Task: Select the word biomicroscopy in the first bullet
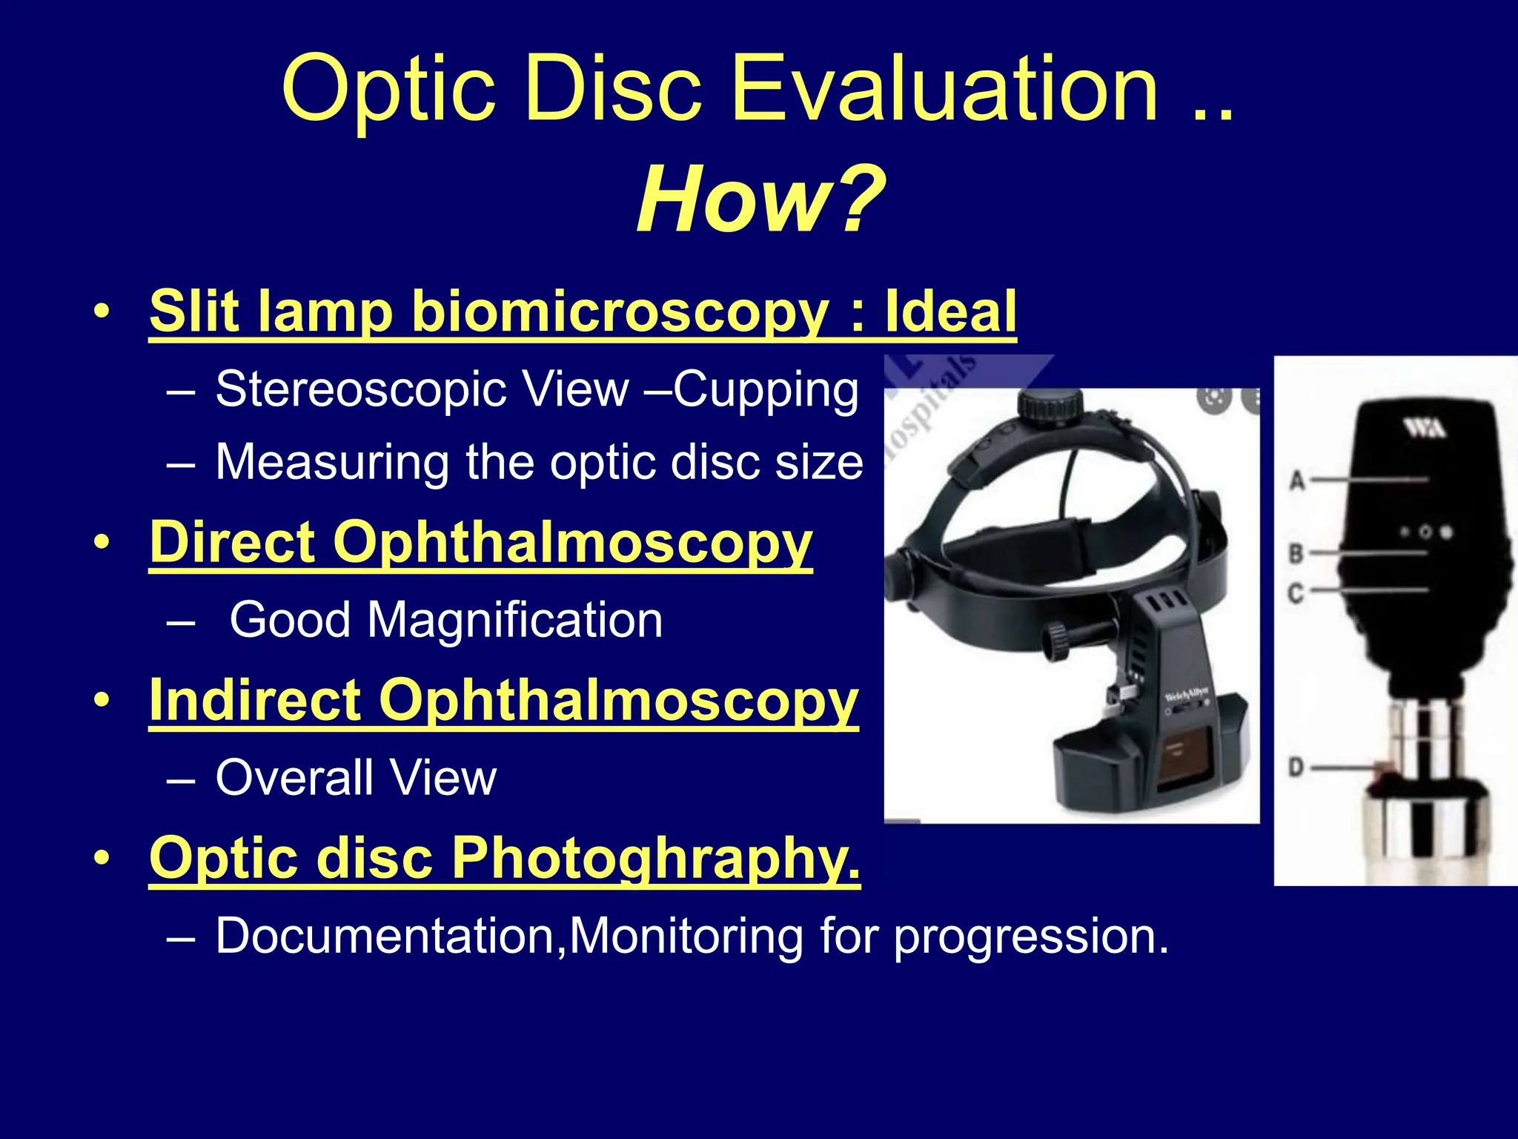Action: pos(619,311)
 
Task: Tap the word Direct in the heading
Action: pos(234,542)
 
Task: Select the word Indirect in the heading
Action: pos(256,700)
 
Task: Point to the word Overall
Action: pos(294,778)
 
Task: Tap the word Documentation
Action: pos(385,936)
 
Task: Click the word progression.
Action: pos(1030,937)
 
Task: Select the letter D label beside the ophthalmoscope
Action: pos(1296,767)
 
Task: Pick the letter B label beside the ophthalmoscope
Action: pos(1296,553)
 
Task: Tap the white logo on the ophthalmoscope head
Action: pos(1422,428)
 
